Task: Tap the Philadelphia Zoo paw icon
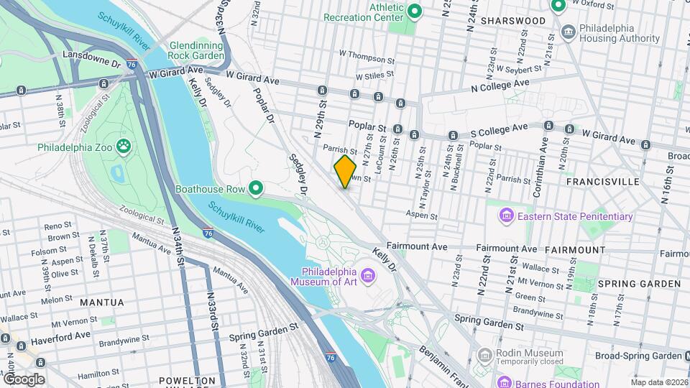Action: point(125,147)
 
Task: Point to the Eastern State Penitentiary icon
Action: point(506,216)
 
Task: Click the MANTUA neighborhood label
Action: point(101,302)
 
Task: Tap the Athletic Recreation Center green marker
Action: point(414,11)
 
